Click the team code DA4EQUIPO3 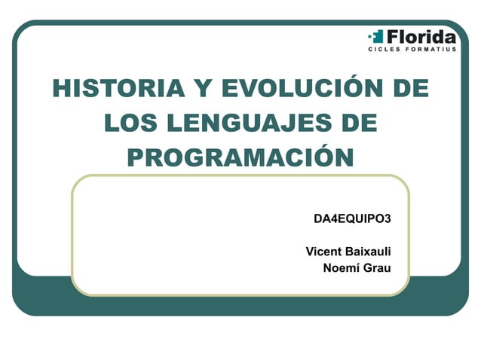[352, 219]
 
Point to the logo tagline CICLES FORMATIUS [412, 50]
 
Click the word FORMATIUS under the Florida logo [430, 50]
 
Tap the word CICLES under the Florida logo [383, 50]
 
